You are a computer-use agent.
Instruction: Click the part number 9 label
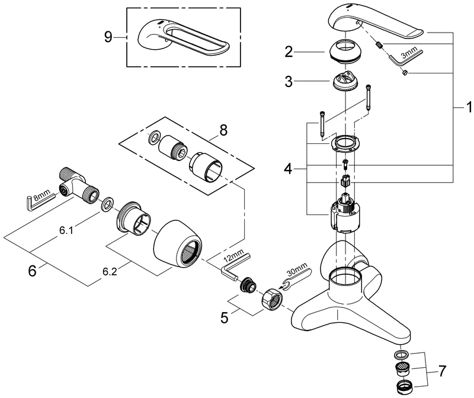point(108,37)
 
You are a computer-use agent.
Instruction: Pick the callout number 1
point(468,108)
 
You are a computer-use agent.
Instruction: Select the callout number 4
point(288,169)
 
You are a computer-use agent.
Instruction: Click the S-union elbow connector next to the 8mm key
point(76,183)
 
